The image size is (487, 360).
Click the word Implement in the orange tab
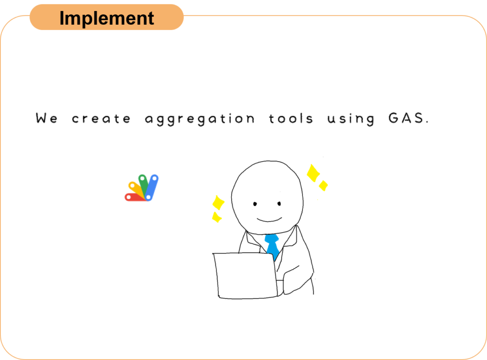(107, 19)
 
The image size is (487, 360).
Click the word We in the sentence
(47, 118)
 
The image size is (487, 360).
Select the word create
(101, 119)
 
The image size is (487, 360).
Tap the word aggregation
(200, 119)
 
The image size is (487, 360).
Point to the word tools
(291, 118)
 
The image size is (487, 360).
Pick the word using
(351, 119)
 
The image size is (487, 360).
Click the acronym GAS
(408, 118)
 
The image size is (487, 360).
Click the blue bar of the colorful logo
(152, 188)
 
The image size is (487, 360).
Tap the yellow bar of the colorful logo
(136, 190)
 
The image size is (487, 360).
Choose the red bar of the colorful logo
(135, 197)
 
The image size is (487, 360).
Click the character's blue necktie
(273, 246)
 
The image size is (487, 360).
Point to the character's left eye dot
(255, 204)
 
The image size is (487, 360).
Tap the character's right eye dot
(279, 204)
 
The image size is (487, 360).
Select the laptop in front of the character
(245, 276)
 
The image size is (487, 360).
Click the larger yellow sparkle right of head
(313, 173)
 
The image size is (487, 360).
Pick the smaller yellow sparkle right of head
(323, 185)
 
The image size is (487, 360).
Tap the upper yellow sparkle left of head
(218, 203)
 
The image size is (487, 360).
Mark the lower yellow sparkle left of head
(216, 217)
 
